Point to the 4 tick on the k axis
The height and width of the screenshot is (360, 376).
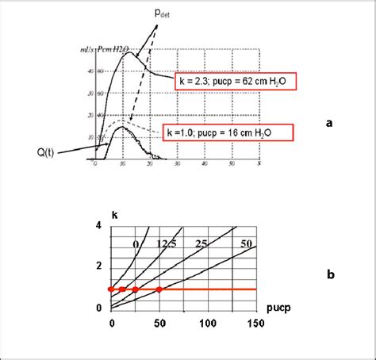pyautogui.click(x=99, y=227)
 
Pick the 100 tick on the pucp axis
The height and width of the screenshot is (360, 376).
pyautogui.click(x=208, y=324)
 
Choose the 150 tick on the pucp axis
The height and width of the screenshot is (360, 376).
pyautogui.click(x=256, y=324)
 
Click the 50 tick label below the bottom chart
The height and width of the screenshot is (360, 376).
pyautogui.click(x=159, y=324)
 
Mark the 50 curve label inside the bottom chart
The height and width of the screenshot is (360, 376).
pyautogui.click(x=245, y=243)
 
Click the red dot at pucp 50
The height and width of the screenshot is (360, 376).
pyautogui.click(x=159, y=290)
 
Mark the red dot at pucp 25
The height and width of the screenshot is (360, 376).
pyautogui.click(x=135, y=290)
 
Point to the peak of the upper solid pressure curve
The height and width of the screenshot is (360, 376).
pyautogui.click(x=128, y=52)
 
